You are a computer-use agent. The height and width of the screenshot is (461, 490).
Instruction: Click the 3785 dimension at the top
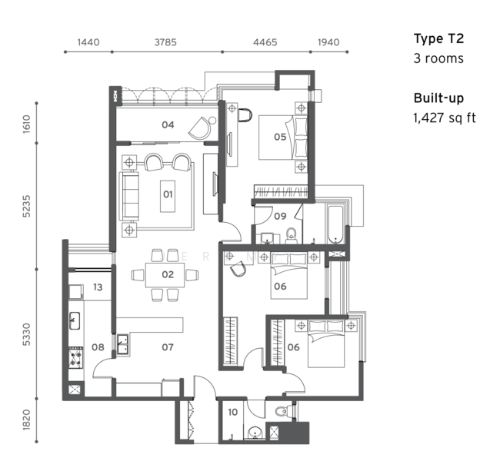165,42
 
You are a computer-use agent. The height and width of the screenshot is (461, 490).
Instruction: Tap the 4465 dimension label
265,42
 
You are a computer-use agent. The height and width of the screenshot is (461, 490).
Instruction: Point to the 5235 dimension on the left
27,206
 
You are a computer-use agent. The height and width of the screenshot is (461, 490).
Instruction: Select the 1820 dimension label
27,420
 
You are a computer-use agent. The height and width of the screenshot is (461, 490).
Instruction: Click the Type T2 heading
438,38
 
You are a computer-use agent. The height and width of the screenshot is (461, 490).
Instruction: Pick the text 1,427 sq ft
445,118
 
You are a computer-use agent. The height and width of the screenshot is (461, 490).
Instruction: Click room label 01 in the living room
168,194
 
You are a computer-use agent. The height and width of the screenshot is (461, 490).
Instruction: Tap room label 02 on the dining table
168,274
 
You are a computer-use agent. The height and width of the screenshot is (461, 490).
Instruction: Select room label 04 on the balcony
168,124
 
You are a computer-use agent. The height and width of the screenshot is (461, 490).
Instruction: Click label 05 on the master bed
280,137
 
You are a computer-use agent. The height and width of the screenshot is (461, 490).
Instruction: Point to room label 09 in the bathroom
280,216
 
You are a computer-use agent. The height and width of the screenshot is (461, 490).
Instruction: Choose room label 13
98,287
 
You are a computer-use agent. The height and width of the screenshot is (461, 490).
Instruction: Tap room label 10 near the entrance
233,413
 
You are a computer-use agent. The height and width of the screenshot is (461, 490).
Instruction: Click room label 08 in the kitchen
98,347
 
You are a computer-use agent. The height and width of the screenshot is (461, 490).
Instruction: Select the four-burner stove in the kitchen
75,357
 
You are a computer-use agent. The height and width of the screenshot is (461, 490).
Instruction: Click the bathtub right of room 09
336,224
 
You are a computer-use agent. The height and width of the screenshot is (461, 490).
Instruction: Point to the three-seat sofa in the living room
130,197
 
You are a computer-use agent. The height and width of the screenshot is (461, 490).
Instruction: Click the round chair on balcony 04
202,128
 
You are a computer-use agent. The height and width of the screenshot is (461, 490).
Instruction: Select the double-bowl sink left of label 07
122,345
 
